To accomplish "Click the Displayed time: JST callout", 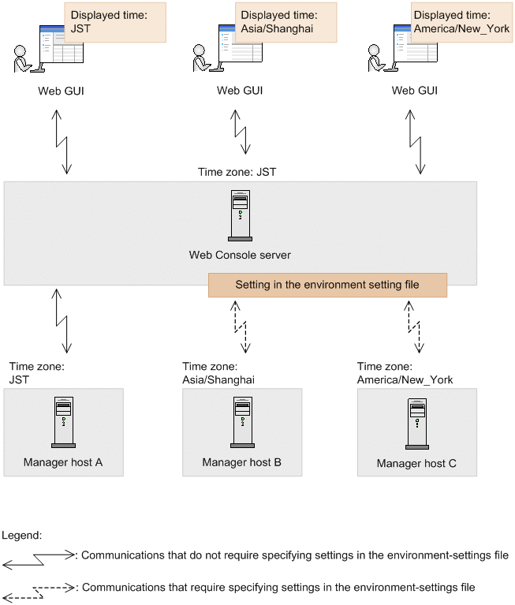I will pyautogui.click(x=115, y=21).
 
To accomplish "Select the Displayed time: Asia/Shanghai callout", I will pyautogui.click(x=285, y=21).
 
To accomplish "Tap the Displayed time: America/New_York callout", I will pyautogui.click(x=460, y=21).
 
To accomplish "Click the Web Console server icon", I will pyautogui.click(x=240, y=215).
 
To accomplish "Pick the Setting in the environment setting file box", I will pyautogui.click(x=327, y=285).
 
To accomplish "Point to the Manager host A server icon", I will pyautogui.click(x=63, y=421).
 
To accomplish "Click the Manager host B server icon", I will pyautogui.click(x=241, y=421).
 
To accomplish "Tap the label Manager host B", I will pyautogui.click(x=241, y=462).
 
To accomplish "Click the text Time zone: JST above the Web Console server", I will pyautogui.click(x=237, y=171).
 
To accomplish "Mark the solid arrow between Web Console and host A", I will pyautogui.click(x=62, y=320).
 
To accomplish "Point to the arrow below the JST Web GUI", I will pyautogui.click(x=62, y=140).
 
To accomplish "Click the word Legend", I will pyautogui.click(x=21, y=535).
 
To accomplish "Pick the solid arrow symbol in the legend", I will pyautogui.click(x=37, y=559).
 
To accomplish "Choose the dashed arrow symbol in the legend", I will pyautogui.click(x=37, y=591).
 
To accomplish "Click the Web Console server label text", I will pyautogui.click(x=240, y=255).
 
